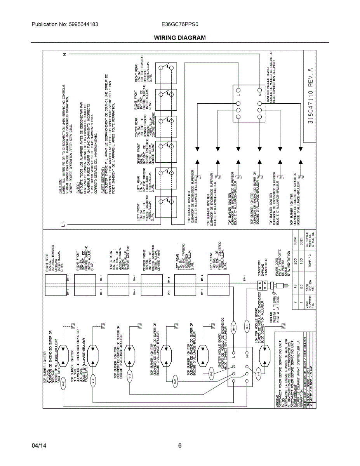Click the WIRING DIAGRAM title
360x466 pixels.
[179, 38]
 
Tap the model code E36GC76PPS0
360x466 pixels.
[180, 24]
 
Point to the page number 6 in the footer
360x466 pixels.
[180, 446]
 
